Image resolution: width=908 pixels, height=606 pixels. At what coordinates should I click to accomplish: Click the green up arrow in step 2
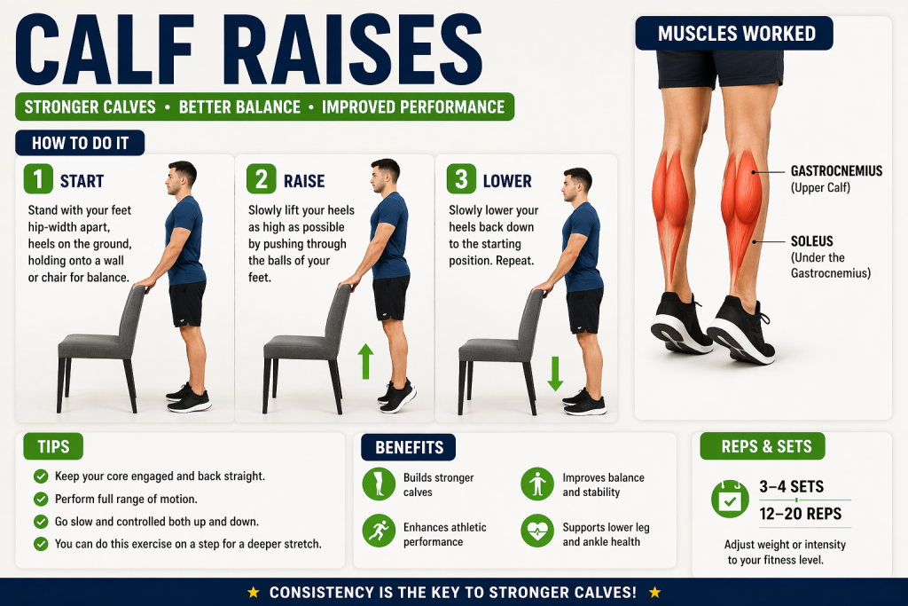[364, 361]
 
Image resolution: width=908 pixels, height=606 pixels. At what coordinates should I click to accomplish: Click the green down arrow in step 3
[555, 374]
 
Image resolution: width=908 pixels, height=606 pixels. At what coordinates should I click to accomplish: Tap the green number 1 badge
[38, 179]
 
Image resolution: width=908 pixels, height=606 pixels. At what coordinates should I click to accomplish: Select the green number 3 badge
[461, 179]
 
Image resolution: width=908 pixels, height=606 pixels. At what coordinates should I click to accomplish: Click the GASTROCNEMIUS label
[836, 171]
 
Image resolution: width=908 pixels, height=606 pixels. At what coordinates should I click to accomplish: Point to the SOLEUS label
[812, 241]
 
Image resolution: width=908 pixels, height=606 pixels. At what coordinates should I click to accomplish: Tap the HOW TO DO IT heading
[80, 143]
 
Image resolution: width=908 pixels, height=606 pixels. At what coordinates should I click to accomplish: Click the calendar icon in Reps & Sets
[730, 500]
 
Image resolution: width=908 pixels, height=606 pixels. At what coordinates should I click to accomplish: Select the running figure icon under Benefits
[379, 531]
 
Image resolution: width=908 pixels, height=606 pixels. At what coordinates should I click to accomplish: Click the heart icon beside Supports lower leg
[537, 531]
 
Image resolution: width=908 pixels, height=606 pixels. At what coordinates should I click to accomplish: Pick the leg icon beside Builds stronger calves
[379, 484]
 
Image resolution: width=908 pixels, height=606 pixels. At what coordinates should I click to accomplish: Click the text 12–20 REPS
[801, 514]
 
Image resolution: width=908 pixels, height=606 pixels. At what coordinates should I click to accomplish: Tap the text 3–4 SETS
[791, 486]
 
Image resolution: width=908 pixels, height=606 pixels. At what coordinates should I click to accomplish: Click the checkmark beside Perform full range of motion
[41, 499]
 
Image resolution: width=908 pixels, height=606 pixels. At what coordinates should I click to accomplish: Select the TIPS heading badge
[53, 446]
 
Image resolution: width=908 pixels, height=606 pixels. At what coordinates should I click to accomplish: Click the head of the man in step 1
[180, 177]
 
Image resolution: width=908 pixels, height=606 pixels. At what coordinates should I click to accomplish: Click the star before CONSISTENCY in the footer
[253, 592]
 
